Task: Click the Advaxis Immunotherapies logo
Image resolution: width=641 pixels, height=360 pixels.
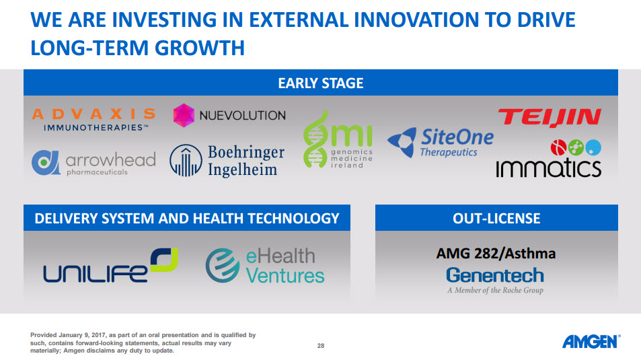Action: point(93,120)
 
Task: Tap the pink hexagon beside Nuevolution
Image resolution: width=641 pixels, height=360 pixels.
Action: point(184,115)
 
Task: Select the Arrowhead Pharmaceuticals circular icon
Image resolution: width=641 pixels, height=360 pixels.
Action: point(45,162)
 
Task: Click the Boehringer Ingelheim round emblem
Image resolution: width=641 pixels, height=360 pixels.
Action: point(186,160)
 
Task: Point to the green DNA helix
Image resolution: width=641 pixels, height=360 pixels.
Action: point(315,139)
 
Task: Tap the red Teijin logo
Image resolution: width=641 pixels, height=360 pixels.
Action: point(550,117)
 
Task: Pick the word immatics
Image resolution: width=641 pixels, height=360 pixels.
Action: point(549,168)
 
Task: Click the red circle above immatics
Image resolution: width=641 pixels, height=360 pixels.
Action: point(558,147)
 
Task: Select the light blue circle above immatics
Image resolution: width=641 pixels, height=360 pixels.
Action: point(593,147)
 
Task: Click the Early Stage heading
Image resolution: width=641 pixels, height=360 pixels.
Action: point(320,83)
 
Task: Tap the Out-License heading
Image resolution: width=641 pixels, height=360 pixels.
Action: point(496,218)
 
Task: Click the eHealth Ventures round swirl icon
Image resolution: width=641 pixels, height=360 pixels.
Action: point(223,266)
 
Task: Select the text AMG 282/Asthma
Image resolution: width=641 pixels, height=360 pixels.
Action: point(496,254)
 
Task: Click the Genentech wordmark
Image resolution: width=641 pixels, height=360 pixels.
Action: point(495,275)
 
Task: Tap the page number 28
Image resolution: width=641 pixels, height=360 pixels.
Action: point(321,346)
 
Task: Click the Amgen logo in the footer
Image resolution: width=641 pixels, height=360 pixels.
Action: point(591,342)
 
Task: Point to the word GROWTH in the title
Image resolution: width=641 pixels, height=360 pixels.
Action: point(200,48)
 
